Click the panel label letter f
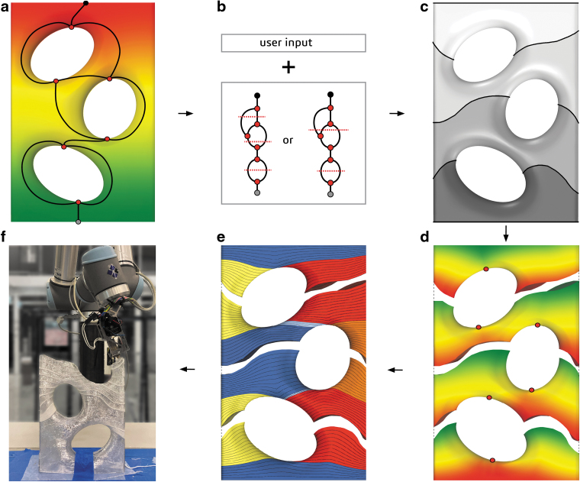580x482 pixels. pyautogui.click(x=5, y=236)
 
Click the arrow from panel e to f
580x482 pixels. pyautogui.click(x=186, y=370)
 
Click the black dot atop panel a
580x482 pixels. pyautogui.click(x=85, y=4)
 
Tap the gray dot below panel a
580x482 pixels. pyautogui.click(x=79, y=222)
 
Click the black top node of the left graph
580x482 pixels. pyautogui.click(x=258, y=95)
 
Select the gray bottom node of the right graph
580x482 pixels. pyautogui.click(x=330, y=195)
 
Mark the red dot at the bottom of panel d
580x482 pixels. pyautogui.click(x=493, y=459)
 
